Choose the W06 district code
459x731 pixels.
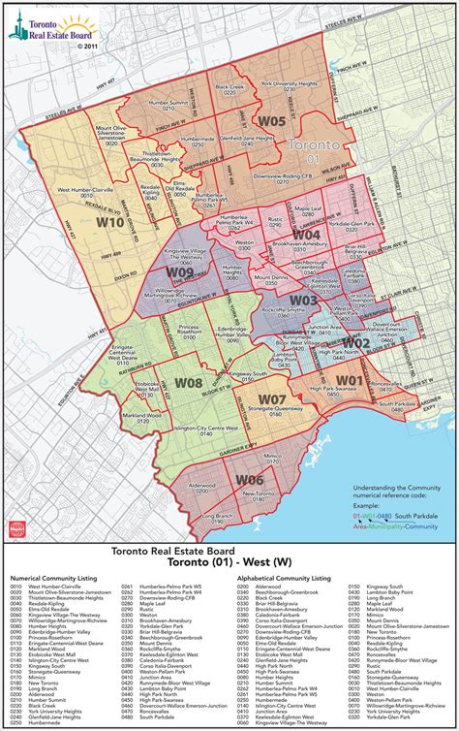click(x=249, y=480)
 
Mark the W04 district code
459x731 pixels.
click(x=306, y=234)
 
